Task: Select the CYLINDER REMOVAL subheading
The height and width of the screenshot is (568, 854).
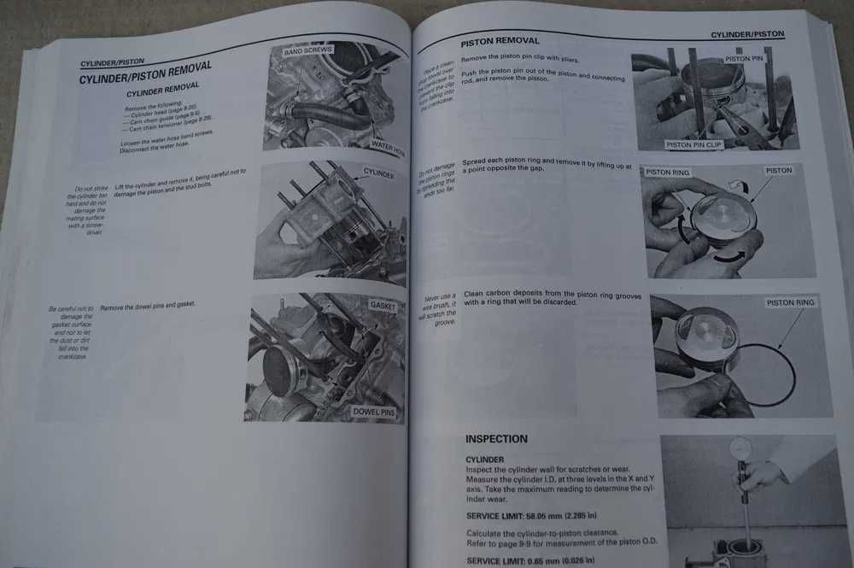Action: [x=162, y=89]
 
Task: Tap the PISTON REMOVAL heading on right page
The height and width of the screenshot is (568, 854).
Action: [x=500, y=41]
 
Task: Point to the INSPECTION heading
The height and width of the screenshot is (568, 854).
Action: [x=496, y=439]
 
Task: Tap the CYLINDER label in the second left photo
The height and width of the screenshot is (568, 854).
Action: [x=378, y=174]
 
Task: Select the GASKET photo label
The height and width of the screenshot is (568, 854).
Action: [x=383, y=305]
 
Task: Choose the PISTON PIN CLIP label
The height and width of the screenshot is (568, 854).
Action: [x=693, y=145]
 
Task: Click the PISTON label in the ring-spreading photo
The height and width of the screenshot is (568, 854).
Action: [x=778, y=171]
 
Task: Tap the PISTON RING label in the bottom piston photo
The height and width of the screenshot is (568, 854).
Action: [x=791, y=302]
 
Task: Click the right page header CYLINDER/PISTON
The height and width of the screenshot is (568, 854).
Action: [x=747, y=34]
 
